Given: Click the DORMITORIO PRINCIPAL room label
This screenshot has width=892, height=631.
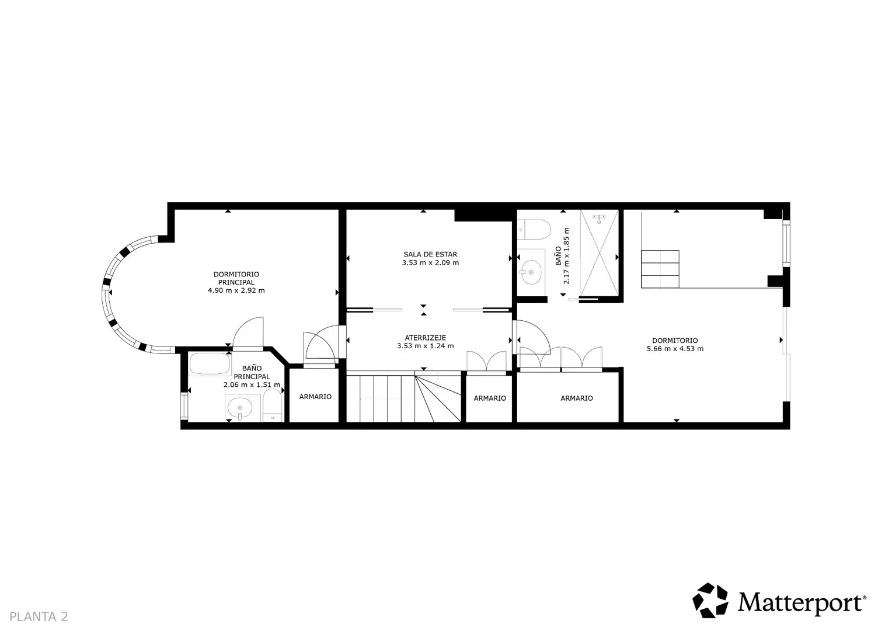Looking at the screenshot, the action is coord(236,278).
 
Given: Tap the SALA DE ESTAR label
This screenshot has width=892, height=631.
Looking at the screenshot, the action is coord(430,254).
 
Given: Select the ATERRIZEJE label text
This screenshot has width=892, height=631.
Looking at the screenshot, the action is coord(426,338).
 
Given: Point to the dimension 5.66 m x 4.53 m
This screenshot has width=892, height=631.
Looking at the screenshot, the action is coord(675,349).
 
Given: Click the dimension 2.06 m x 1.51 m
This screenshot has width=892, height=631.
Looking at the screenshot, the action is coord(252,384).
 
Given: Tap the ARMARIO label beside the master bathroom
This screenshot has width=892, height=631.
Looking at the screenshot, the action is coord(315,397).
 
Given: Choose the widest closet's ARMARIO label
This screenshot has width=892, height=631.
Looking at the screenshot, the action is coord(577,398).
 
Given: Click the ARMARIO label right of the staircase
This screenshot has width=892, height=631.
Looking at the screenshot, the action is coord(490,398).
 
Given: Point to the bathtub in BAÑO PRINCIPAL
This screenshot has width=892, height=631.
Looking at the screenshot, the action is coord(210,364).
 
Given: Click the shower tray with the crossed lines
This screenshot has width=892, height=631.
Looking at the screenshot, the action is coord(599,253).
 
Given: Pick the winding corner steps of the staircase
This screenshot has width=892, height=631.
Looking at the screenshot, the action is coord(438,398).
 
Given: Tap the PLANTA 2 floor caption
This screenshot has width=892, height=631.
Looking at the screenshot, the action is coord(39,616).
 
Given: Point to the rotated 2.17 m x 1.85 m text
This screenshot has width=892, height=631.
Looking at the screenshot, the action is coord(566,255).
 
